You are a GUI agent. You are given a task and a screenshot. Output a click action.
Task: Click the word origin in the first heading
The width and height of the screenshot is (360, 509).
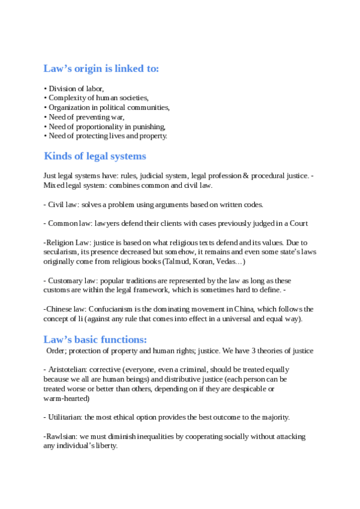tap(83, 68)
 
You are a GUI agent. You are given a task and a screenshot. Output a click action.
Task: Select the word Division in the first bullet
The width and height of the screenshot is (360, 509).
tap(62, 88)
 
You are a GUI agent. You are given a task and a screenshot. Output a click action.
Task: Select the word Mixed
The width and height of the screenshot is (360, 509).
tap(53, 185)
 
